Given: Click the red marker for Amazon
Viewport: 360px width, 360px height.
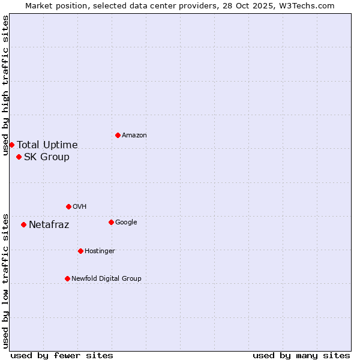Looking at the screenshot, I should tap(118, 135).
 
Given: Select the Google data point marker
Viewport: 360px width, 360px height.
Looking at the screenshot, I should tap(111, 222).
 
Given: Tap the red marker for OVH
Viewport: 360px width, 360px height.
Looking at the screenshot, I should tap(68, 206).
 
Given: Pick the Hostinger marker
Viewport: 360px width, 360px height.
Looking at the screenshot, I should tap(80, 251).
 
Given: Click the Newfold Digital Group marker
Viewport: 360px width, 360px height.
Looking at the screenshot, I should tap(67, 278).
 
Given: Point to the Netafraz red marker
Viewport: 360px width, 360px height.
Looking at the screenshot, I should tap(23, 224).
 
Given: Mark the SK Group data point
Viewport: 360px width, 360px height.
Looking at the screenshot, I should tap(19, 157).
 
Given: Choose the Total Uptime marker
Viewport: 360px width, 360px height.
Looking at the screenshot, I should tap(11, 145).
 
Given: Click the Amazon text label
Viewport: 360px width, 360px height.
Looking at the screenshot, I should tap(134, 136).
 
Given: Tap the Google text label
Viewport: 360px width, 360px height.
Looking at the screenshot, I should tap(126, 223).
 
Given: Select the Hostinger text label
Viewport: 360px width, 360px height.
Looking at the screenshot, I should tap(100, 251).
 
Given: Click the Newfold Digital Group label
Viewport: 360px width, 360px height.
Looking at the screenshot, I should tap(106, 279).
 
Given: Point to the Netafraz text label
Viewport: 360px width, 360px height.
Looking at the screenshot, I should tap(49, 225).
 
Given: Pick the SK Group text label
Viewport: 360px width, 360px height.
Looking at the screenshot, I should tap(47, 157).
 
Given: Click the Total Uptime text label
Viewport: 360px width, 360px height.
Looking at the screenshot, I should tap(47, 145).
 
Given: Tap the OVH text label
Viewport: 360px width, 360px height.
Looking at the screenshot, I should tap(80, 207).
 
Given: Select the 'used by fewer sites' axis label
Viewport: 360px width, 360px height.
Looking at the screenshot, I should tap(62, 355).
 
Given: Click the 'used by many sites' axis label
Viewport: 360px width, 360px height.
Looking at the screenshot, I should tap(301, 355).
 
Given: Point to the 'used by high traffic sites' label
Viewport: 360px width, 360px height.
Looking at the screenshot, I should tap(5, 85).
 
